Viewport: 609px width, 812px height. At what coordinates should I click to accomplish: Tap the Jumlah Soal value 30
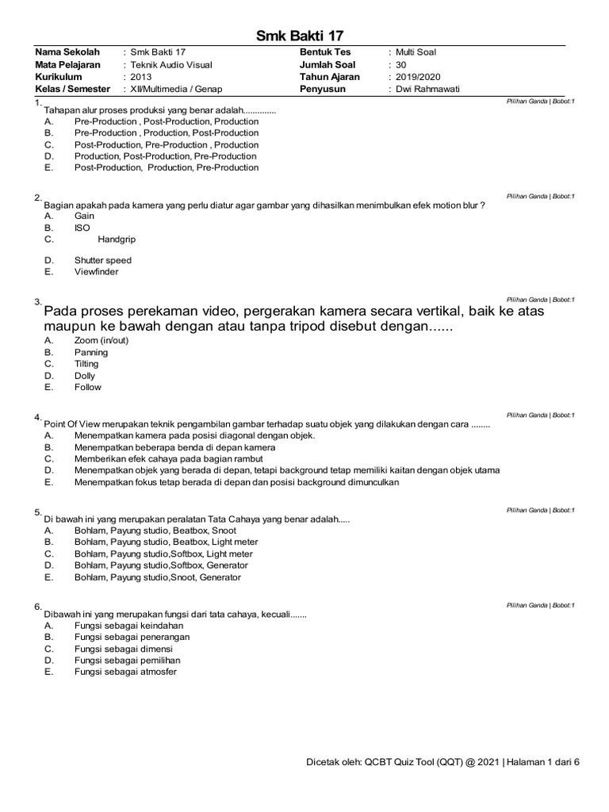pos(400,65)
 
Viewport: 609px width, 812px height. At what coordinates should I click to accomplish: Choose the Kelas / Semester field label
pos(73,89)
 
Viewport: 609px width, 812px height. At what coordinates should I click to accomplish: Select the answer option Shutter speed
pos(103,260)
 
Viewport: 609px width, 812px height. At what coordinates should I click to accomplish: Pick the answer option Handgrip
pos(116,239)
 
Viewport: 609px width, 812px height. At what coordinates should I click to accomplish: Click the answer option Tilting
pos(86,364)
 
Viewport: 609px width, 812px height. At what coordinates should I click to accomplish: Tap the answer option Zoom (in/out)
pos(101,340)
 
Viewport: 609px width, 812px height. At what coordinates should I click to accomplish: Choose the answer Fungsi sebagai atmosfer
pos(125,672)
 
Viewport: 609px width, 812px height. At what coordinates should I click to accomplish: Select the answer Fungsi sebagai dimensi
pos(124,649)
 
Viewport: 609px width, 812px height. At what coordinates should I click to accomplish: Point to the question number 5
pos(37,511)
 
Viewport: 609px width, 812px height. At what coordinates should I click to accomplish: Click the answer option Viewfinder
pos(97,272)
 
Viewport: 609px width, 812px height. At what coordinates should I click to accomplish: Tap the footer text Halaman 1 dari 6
pos(543,762)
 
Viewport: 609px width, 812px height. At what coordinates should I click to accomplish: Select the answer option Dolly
pos(85,376)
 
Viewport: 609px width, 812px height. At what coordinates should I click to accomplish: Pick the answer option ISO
pos(82,228)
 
